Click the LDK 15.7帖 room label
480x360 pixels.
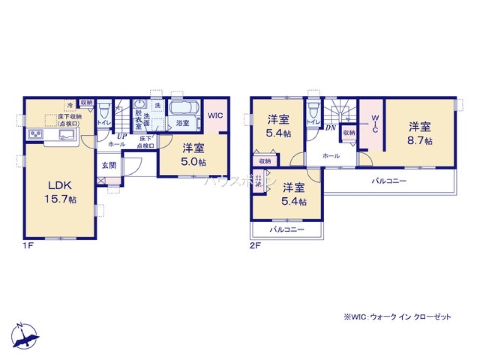[x=60, y=192]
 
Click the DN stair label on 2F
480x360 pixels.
[x=330, y=128]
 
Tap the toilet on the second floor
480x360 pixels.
[x=314, y=110]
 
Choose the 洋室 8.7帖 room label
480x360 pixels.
[x=420, y=133]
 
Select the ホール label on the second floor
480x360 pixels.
[x=331, y=156]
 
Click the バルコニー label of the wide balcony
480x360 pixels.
[x=389, y=181]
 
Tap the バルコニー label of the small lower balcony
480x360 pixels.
[x=287, y=229]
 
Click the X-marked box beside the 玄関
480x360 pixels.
[x=100, y=181]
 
